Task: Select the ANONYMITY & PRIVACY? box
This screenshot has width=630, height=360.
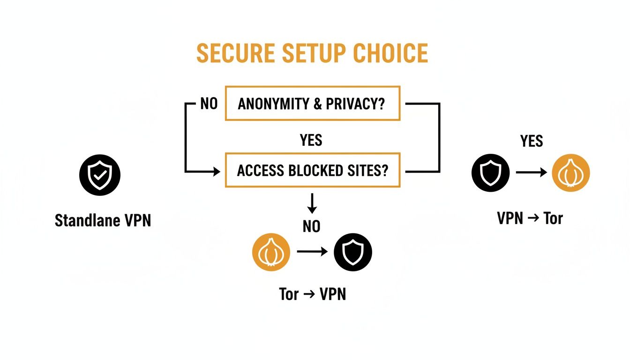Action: pyautogui.click(x=312, y=104)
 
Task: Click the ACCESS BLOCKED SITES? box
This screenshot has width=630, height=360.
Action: pyautogui.click(x=312, y=170)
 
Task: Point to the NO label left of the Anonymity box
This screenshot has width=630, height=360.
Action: pyautogui.click(x=209, y=104)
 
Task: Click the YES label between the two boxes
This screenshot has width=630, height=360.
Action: pyautogui.click(x=311, y=140)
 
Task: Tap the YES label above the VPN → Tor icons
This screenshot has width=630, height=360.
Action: pyautogui.click(x=532, y=141)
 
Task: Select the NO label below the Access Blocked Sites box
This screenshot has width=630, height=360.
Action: pyautogui.click(x=311, y=227)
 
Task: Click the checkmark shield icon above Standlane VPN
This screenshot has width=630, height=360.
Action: pyautogui.click(x=100, y=175)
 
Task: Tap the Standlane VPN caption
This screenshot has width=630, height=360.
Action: pyautogui.click(x=103, y=220)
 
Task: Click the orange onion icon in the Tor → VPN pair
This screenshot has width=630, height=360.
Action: pyautogui.click(x=271, y=252)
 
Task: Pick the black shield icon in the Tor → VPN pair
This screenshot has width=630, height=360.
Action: pyautogui.click(x=352, y=252)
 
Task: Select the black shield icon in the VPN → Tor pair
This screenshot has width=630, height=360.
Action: pyautogui.click(x=490, y=172)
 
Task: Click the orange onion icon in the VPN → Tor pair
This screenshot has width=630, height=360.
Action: pyautogui.click(x=570, y=172)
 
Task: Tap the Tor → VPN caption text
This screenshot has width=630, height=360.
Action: pyautogui.click(x=312, y=294)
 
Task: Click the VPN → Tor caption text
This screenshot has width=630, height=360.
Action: pyautogui.click(x=530, y=218)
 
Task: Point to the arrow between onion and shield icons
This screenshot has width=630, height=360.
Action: pyautogui.click(x=312, y=252)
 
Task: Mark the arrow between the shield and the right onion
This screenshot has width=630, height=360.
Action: pyautogui.click(x=531, y=172)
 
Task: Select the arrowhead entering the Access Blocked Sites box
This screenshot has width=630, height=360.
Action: pyautogui.click(x=217, y=172)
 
